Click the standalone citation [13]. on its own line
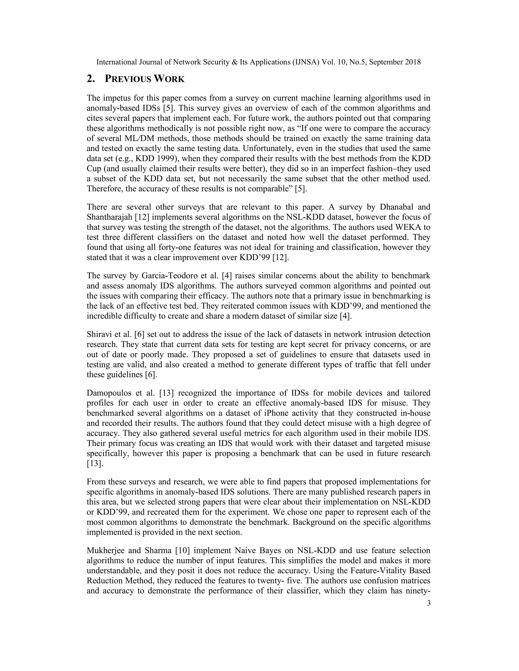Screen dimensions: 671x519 pyautogui.click(x=95, y=464)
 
